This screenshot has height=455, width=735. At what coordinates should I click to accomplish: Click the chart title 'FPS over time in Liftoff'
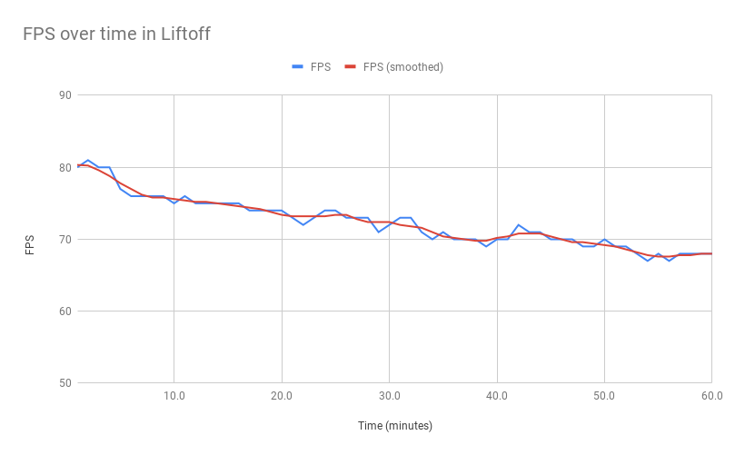click(x=116, y=35)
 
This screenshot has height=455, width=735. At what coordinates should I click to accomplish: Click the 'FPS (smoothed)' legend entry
click(x=394, y=66)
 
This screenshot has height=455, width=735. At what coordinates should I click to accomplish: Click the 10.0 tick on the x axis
click(x=174, y=396)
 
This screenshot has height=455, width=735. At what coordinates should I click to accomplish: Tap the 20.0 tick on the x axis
click(x=282, y=396)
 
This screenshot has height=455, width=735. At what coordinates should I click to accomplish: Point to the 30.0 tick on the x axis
click(x=389, y=396)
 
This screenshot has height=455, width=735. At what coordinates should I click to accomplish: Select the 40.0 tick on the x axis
click(x=496, y=396)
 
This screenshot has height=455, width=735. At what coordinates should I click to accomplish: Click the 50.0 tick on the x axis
click(x=604, y=396)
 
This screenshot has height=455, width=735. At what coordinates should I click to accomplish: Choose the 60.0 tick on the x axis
click(x=711, y=396)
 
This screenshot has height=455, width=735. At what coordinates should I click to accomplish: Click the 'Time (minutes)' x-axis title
click(x=393, y=425)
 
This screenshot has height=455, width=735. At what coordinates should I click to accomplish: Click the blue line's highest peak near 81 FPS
click(x=88, y=160)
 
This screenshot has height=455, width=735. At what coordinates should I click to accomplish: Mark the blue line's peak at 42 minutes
click(x=518, y=225)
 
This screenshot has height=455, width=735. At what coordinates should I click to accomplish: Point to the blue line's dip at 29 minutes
click(x=378, y=232)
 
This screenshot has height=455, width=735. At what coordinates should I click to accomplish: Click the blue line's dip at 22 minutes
click(x=303, y=224)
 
